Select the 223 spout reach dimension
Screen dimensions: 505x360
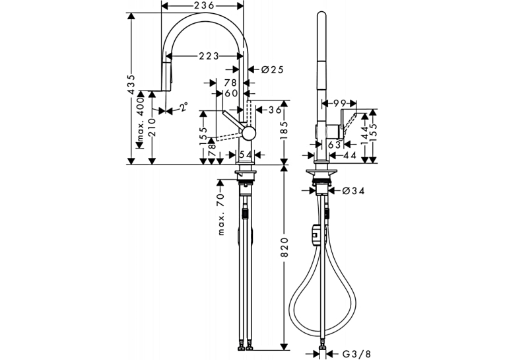tap(209, 56)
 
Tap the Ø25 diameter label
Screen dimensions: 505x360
tap(272, 69)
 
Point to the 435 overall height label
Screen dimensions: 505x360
tap(131, 85)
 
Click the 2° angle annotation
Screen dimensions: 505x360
tap(183, 106)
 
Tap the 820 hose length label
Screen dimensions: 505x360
tap(284, 248)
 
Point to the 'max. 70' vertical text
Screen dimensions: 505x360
tap(220, 214)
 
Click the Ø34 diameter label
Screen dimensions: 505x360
tap(353, 191)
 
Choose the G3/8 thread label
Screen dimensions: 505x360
tap(356, 354)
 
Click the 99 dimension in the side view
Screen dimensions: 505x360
tap(340, 103)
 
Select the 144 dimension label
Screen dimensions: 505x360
tap(364, 135)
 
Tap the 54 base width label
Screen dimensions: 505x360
tap(246, 155)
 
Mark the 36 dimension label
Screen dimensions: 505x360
tap(275, 110)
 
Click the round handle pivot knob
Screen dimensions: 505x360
tap(249, 133)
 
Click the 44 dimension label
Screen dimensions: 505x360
tap(349, 155)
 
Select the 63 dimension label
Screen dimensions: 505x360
tap(334, 145)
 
